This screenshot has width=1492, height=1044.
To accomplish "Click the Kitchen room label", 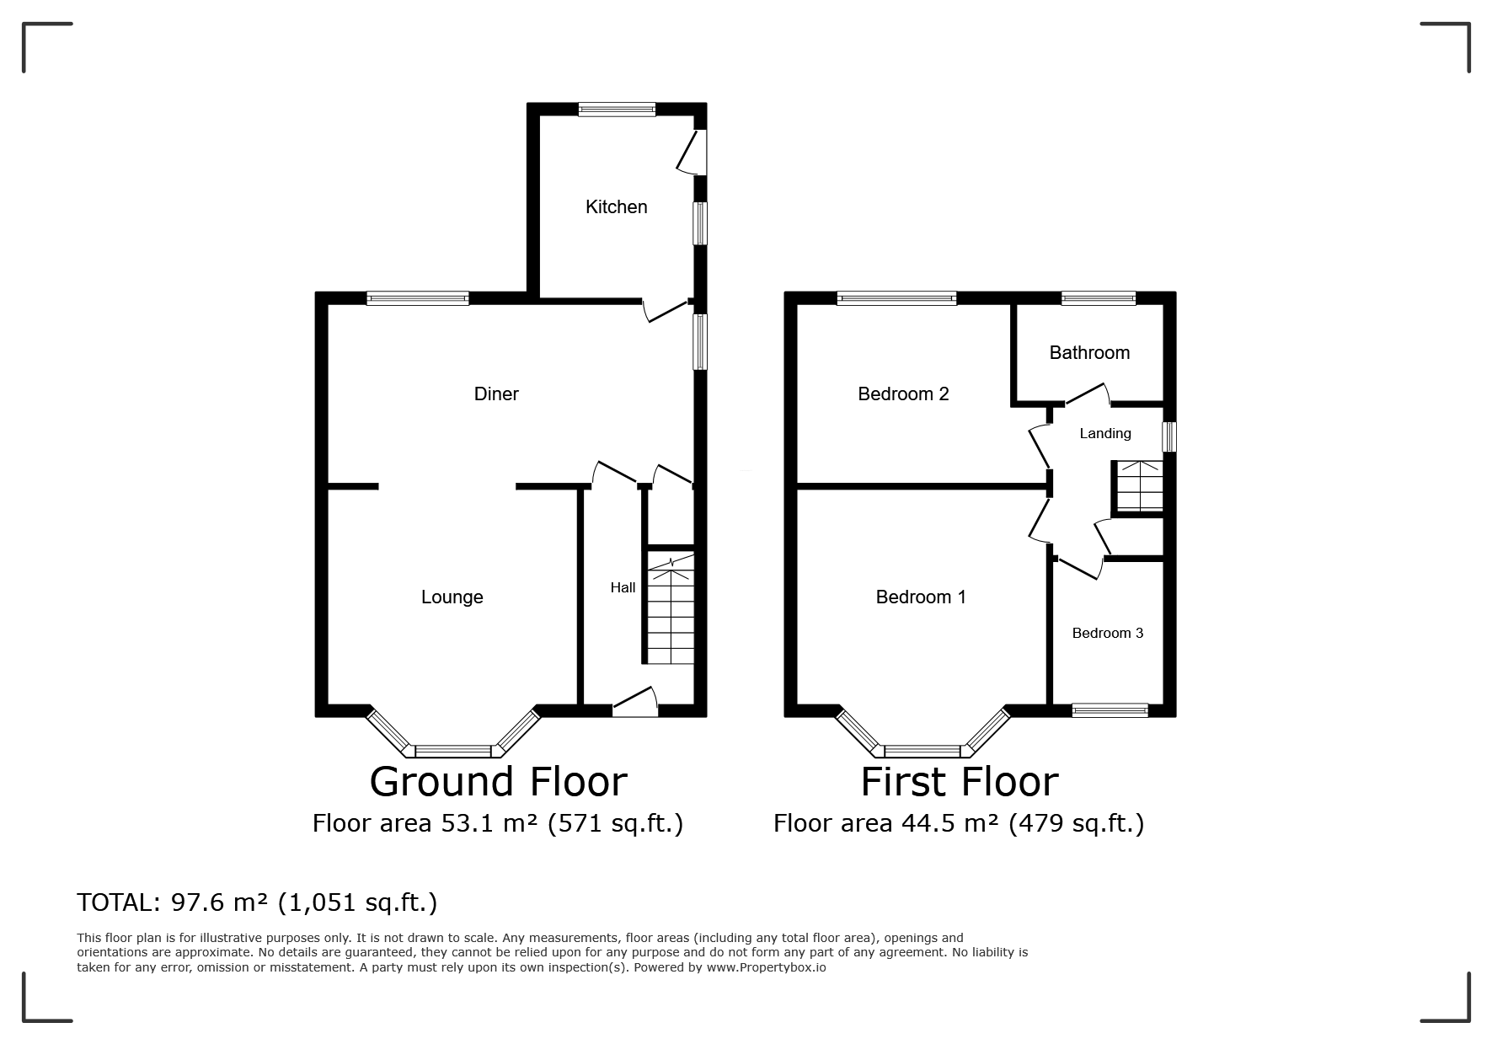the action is click(616, 207).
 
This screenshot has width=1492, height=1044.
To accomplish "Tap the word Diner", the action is click(496, 394).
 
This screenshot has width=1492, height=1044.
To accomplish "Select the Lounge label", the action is click(452, 597).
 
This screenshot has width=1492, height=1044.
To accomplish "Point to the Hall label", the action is click(623, 587).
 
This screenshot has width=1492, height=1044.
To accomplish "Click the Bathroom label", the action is click(1089, 352).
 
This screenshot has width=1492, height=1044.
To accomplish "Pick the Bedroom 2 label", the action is click(903, 394).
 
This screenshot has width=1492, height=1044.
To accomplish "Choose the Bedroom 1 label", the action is click(921, 597).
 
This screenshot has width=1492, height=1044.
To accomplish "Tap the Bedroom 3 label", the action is click(1107, 633).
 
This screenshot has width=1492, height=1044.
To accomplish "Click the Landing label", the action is click(1105, 433).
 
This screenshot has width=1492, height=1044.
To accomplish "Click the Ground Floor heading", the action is click(498, 781).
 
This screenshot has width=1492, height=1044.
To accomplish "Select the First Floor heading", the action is click(959, 781).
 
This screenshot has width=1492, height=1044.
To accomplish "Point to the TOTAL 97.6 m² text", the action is click(257, 902).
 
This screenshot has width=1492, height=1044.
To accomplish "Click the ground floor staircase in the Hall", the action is click(671, 608).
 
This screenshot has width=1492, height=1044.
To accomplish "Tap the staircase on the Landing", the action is click(1137, 486).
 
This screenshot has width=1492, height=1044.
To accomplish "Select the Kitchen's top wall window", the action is click(617, 109).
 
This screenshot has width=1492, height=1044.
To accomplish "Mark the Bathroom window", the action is click(1099, 297).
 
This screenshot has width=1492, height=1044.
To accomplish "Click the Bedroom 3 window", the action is click(1110, 710).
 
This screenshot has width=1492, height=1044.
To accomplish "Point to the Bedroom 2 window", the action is click(897, 297).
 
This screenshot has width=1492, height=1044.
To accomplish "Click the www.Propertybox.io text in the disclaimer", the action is click(766, 967).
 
